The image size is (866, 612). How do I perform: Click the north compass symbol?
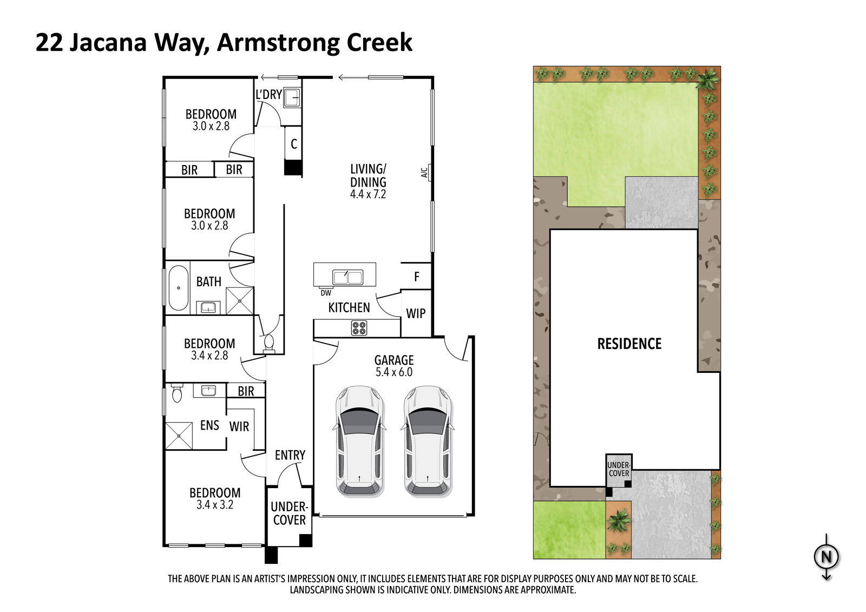click(x=826, y=557)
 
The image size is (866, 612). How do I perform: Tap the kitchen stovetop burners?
click(x=359, y=328)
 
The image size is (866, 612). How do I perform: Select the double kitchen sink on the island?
click(x=347, y=277)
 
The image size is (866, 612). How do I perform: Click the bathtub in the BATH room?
click(x=178, y=288)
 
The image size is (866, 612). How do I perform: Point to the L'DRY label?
click(x=268, y=94)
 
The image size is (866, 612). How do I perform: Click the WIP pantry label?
click(x=416, y=313)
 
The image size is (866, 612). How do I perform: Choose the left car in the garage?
click(x=359, y=441)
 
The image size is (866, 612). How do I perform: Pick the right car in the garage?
click(x=428, y=441)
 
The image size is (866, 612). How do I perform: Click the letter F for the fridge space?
click(x=416, y=277)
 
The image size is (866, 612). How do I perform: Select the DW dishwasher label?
click(x=325, y=293)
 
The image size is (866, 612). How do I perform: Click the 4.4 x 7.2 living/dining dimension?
click(x=368, y=194)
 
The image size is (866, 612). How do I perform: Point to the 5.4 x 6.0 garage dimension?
click(x=394, y=372)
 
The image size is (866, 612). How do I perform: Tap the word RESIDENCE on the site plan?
click(x=629, y=344)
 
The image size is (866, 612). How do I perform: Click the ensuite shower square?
click(x=179, y=436)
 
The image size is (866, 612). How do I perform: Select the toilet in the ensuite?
click(x=177, y=393)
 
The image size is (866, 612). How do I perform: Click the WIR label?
click(x=239, y=427)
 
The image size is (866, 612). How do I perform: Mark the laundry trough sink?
click(x=292, y=98)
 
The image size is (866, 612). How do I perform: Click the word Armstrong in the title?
click(x=278, y=43)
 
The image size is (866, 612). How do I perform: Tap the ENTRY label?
click(x=290, y=455)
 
